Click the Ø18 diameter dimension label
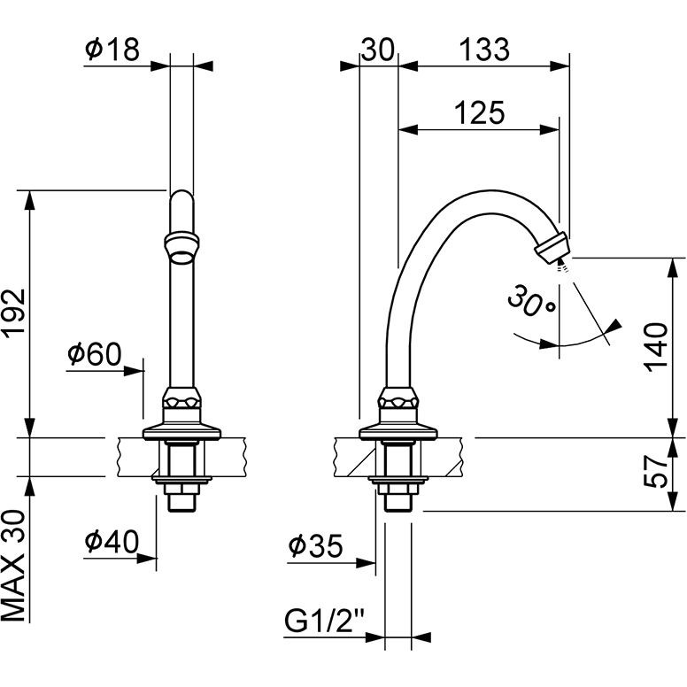(x=112, y=50)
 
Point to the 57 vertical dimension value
(x=654, y=474)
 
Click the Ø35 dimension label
(x=314, y=546)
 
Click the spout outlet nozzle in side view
(x=553, y=245)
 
